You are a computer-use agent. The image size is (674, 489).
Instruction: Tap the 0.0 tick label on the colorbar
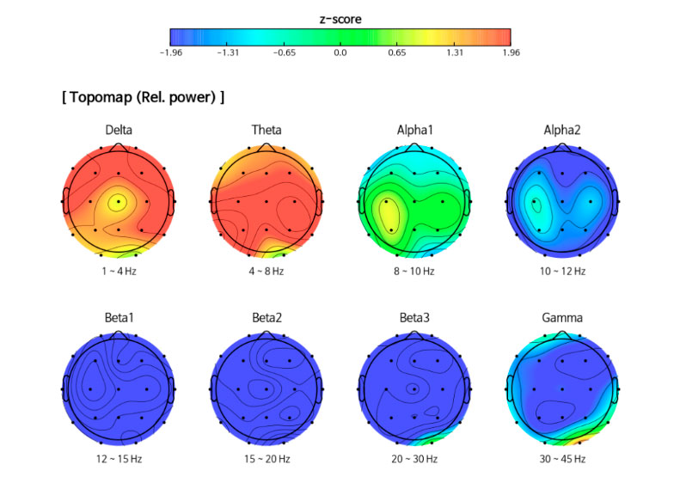tap(340, 52)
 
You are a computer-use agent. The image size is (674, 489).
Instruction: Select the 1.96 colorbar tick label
tap(510, 52)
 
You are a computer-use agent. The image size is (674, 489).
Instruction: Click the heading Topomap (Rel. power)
tap(143, 97)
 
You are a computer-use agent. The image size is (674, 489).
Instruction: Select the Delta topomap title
tap(119, 131)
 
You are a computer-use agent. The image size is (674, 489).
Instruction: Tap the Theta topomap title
tap(267, 131)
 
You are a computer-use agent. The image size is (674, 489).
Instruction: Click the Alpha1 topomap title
tap(414, 131)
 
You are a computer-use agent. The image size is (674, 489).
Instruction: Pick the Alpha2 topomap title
tap(561, 131)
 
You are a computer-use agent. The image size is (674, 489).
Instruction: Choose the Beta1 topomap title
tap(119, 318)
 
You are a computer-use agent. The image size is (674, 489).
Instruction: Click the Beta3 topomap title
tap(414, 318)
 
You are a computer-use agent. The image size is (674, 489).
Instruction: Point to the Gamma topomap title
tap(561, 318)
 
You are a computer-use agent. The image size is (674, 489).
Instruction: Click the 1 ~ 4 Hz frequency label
tap(119, 271)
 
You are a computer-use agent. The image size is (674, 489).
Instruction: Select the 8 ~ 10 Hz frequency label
tap(414, 271)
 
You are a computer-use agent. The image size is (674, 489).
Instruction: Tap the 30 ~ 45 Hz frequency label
tap(561, 459)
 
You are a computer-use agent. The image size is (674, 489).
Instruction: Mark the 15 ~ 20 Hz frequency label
tap(267, 459)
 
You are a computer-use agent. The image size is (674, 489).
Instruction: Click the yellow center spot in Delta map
tap(118, 202)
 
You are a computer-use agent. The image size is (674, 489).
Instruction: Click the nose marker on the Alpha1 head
tap(414, 147)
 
